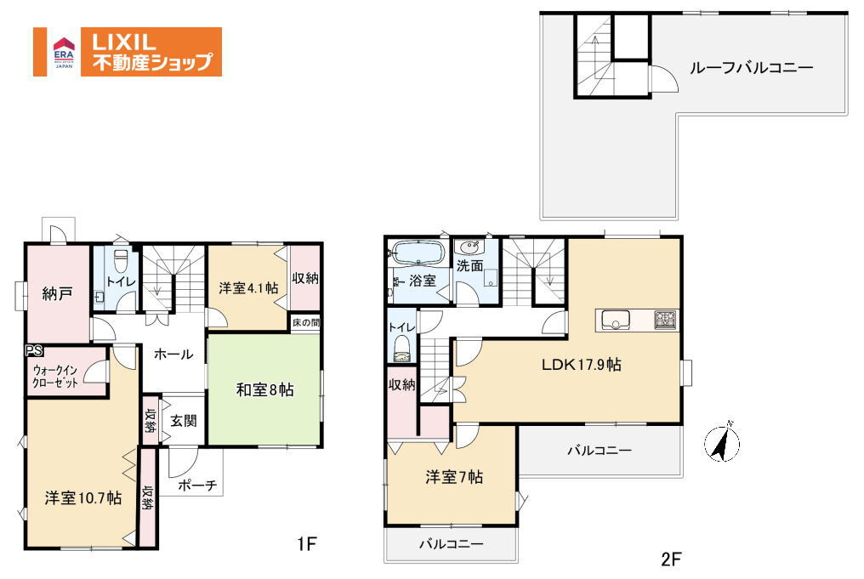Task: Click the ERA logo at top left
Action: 64,52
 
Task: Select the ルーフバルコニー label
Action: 751,68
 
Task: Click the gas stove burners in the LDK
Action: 665,320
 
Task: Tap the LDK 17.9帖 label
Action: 582,364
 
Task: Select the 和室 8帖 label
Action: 264,390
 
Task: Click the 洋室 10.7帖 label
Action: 83,498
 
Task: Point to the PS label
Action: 34,351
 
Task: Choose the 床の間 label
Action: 306,323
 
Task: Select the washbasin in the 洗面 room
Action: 469,246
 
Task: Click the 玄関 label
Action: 183,422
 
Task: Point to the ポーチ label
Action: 197,485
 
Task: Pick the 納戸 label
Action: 57,294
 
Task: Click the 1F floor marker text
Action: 307,544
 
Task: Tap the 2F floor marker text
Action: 671,559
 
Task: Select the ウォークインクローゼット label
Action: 54,377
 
